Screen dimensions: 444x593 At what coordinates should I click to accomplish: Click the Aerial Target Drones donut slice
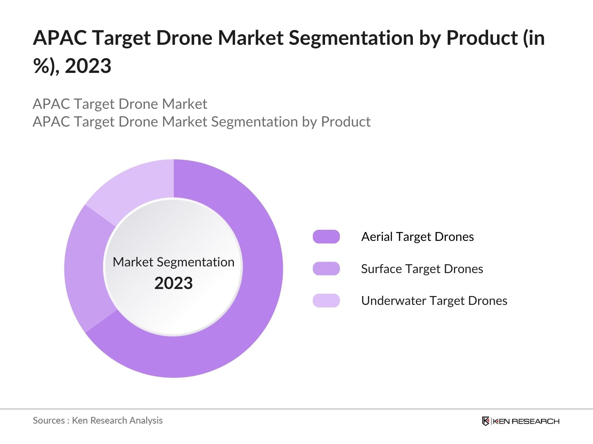click(x=256, y=296)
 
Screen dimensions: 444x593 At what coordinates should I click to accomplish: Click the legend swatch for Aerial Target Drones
click(x=326, y=237)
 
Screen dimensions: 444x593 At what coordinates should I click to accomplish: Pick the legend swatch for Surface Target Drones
click(x=326, y=269)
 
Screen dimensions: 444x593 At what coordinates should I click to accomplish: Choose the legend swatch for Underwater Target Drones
click(x=326, y=300)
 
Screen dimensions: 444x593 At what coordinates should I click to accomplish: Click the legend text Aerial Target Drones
click(x=417, y=237)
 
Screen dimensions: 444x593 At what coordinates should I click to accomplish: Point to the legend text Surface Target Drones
click(x=422, y=269)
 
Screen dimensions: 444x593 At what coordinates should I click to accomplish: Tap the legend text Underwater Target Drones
click(x=434, y=300)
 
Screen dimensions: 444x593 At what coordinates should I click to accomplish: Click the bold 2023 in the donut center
click(x=173, y=283)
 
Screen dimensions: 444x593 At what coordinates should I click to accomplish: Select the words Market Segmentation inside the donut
click(x=173, y=262)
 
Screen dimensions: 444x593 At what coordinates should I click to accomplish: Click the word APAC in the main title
click(x=59, y=38)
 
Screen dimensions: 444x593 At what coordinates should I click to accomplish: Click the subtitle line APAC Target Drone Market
click(x=120, y=104)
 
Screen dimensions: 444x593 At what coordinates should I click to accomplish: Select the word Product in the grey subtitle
click(x=345, y=122)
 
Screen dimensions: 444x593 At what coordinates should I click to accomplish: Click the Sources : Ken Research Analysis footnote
click(x=97, y=420)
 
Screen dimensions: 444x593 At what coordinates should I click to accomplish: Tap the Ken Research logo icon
click(x=486, y=421)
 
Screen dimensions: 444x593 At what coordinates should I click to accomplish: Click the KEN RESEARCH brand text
click(x=526, y=421)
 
